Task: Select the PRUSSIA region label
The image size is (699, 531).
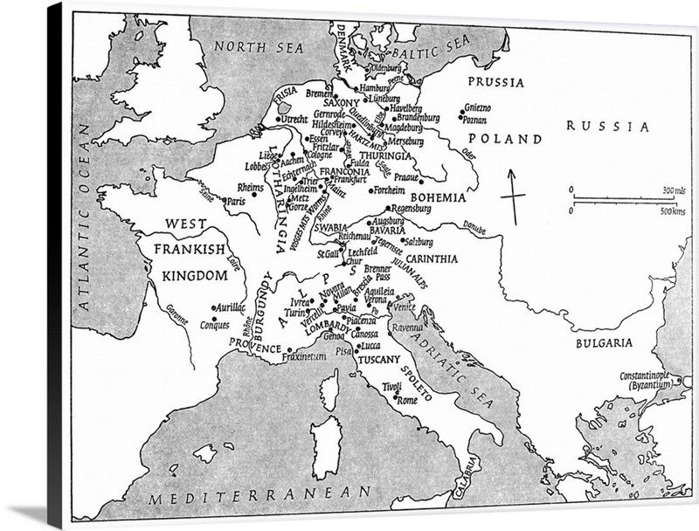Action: [x=495, y=83]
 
